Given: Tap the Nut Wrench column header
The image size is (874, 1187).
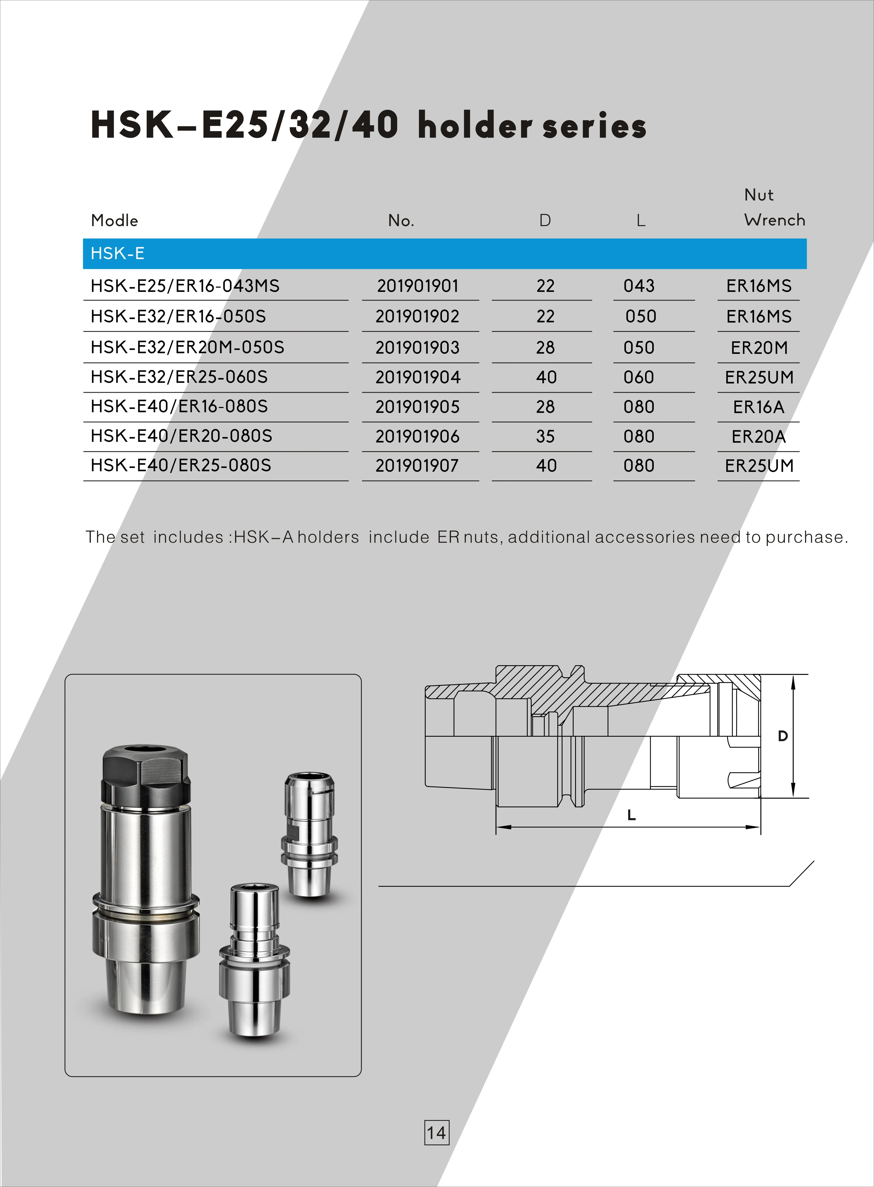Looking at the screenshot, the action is pyautogui.click(x=774, y=207).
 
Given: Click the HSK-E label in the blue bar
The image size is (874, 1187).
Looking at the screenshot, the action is pyautogui.click(x=118, y=254).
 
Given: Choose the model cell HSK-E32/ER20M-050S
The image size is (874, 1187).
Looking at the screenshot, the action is pyautogui.click(x=187, y=347).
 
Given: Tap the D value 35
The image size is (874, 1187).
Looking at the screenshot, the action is pyautogui.click(x=546, y=436).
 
